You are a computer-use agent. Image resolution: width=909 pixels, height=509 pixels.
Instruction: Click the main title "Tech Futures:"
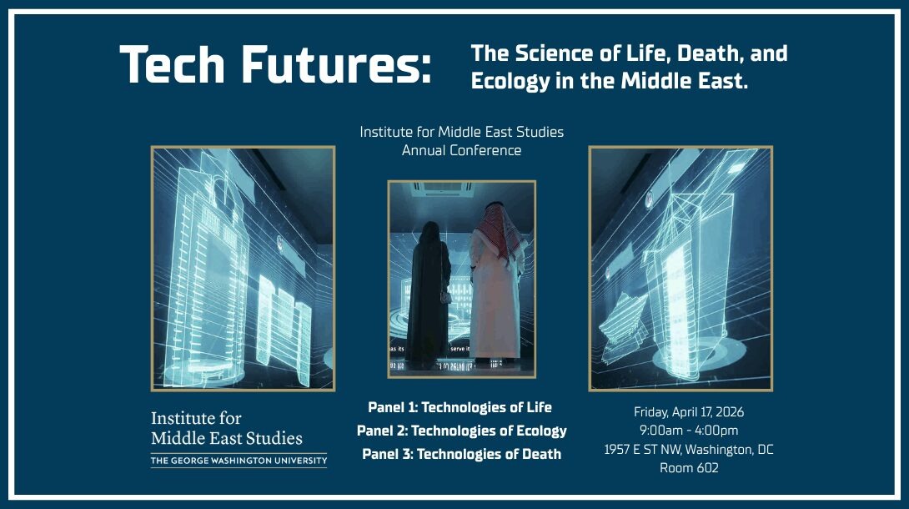click(x=275, y=65)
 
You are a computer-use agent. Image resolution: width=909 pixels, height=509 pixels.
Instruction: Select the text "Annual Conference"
click(x=461, y=150)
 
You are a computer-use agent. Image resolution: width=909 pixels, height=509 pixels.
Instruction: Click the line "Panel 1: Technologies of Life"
click(x=460, y=407)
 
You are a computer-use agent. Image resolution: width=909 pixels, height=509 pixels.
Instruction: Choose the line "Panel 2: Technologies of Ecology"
click(x=461, y=431)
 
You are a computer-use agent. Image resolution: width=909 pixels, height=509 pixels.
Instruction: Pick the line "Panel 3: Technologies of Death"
click(x=461, y=454)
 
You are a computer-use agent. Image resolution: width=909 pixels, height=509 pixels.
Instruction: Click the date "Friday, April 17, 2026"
click(x=689, y=412)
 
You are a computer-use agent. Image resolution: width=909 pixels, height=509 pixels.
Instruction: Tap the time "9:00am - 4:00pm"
click(x=689, y=431)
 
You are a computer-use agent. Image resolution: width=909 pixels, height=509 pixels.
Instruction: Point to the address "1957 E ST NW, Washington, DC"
click(x=689, y=450)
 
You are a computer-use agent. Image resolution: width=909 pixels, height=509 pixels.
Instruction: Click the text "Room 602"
click(x=689, y=468)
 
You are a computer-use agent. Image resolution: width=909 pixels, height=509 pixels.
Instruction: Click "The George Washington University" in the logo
click(x=239, y=460)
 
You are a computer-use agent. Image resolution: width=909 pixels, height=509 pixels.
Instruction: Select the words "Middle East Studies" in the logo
click(x=227, y=438)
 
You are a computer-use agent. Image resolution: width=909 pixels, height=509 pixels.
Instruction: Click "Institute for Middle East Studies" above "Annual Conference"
click(x=461, y=132)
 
